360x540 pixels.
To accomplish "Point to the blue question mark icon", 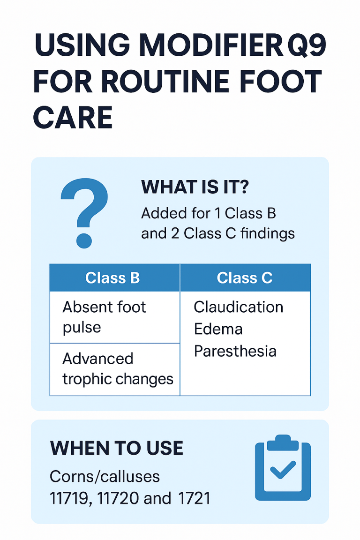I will click(85, 212).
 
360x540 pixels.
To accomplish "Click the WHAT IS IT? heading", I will click(195, 187).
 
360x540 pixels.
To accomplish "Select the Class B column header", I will click(112, 277).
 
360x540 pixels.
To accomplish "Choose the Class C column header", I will click(244, 277).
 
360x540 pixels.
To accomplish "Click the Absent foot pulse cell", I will click(105, 317).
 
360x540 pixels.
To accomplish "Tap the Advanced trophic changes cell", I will click(118, 368).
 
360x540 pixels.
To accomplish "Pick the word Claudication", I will click(238, 307).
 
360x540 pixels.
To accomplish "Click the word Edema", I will click(218, 329).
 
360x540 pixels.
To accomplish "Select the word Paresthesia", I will click(235, 351).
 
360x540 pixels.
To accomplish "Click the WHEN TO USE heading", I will click(116, 449).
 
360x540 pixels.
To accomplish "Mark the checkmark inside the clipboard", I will click(283, 470).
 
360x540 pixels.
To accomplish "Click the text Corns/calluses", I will click(105, 477).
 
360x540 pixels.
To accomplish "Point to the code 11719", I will click(69, 498).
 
